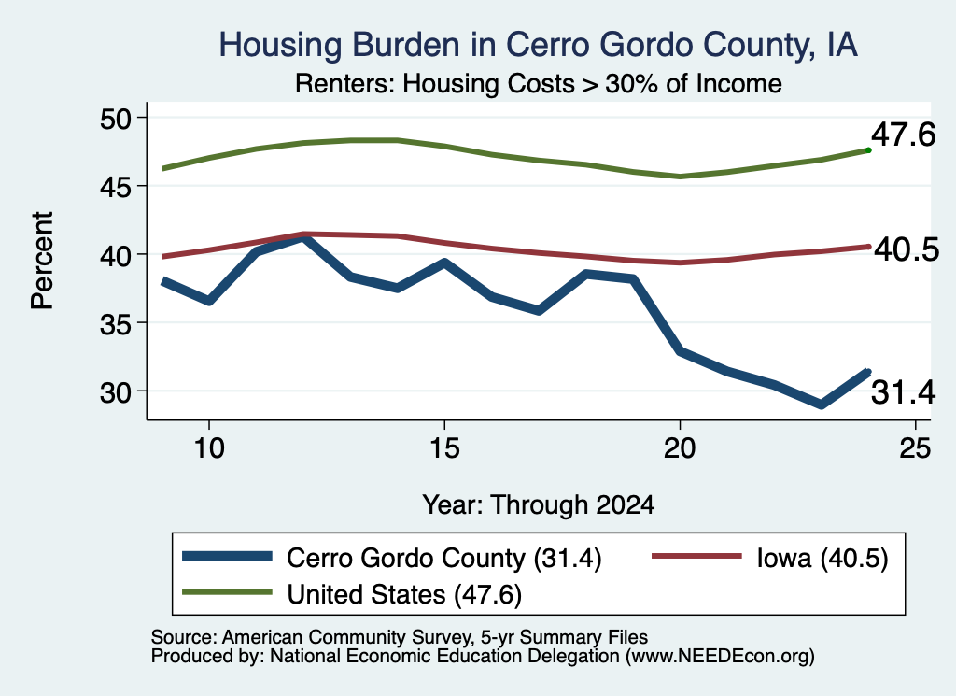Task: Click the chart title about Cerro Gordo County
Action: tap(538, 46)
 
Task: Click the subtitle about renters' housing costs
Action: tap(539, 83)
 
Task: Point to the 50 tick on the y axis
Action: tap(115, 119)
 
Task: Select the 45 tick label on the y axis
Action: tap(115, 187)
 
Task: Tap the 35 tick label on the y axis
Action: tap(115, 323)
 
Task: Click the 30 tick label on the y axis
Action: tap(115, 392)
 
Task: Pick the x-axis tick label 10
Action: tap(209, 449)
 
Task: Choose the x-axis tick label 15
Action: tap(444, 449)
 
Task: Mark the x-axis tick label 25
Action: tap(915, 449)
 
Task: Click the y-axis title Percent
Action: tap(43, 261)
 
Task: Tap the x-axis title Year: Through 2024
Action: tap(539, 505)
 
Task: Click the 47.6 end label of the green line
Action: tap(903, 135)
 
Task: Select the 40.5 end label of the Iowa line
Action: tap(907, 250)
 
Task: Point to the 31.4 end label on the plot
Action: tap(903, 392)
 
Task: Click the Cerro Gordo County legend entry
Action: tap(392, 558)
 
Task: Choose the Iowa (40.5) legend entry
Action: tap(770, 558)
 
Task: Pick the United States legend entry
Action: tap(352, 594)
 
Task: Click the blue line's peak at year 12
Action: tap(303, 238)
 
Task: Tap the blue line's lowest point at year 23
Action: tap(822, 404)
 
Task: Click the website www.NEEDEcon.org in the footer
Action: tap(720, 657)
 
